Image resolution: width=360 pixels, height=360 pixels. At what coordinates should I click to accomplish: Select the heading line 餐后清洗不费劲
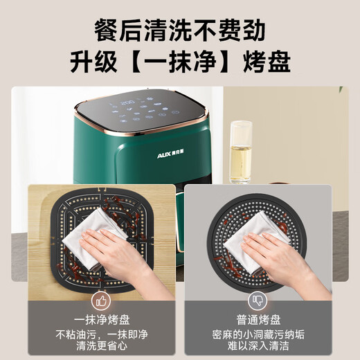pyautogui.click(x=179, y=32)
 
